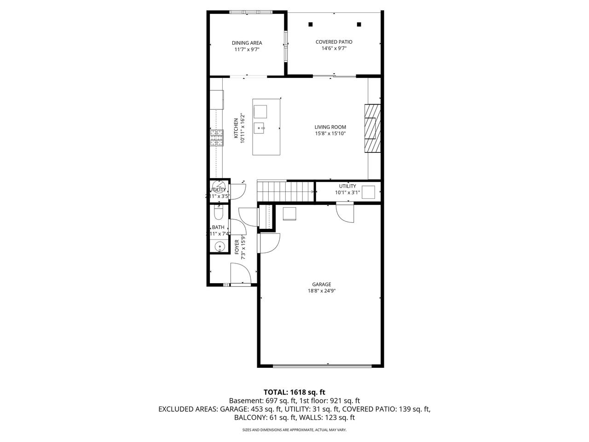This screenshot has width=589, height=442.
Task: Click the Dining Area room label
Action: tap(247, 43)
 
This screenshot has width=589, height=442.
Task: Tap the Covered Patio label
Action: tap(334, 42)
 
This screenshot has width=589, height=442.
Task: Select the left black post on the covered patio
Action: tap(311, 24)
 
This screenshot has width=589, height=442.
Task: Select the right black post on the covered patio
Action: tap(359, 24)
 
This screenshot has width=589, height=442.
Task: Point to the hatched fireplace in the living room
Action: tap(373, 128)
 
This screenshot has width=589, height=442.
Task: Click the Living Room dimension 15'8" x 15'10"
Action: tap(330, 134)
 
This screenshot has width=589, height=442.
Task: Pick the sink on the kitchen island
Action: tap(260, 128)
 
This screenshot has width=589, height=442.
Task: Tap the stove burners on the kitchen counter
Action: tap(216, 138)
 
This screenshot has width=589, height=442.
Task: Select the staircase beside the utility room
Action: tap(285, 191)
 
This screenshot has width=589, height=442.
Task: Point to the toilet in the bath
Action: tap(219, 213)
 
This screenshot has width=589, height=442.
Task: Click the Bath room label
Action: tap(218, 227)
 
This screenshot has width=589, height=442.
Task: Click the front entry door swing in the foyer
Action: tap(241, 274)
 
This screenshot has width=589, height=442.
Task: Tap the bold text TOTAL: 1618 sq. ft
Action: tap(294, 392)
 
